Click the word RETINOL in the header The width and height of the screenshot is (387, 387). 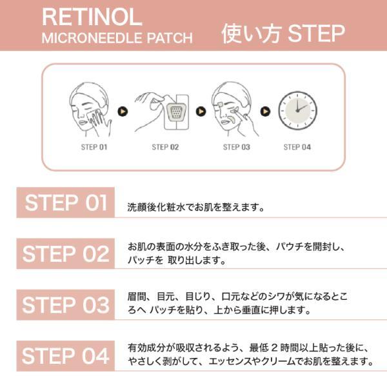click(x=92, y=17)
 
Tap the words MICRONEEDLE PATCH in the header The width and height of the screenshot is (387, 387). click(x=117, y=38)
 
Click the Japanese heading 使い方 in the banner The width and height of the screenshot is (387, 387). click(x=252, y=34)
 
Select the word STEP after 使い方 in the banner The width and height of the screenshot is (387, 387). click(x=316, y=34)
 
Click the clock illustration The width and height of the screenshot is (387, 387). click(x=297, y=110)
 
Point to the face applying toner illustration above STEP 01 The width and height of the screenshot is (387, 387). click(x=90, y=110)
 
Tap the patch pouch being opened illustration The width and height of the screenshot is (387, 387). click(x=162, y=112)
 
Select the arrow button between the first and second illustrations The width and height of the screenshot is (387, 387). click(x=123, y=112)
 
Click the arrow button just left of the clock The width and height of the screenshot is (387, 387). click(x=265, y=112)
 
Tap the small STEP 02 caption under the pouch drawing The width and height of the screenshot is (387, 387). click(x=165, y=147)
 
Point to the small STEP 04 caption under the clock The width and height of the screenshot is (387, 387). click(x=297, y=147)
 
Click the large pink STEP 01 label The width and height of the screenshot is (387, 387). click(x=66, y=203)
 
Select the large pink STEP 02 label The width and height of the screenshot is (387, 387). click(x=66, y=253)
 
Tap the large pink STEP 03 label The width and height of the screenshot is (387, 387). click(x=66, y=304)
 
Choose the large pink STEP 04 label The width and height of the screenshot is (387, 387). click(x=66, y=355)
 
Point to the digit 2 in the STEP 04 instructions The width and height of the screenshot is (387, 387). click(x=275, y=348)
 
